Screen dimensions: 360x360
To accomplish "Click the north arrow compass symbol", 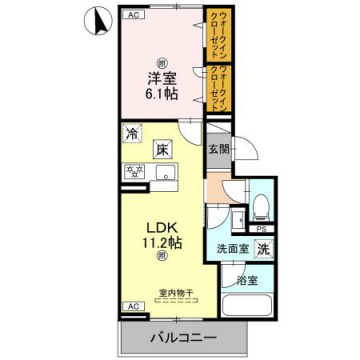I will [96, 19].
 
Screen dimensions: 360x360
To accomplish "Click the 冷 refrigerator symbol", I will [131, 133].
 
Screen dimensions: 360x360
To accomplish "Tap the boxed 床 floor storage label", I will [162, 150].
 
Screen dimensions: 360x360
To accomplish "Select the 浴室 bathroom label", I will [249, 280].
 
